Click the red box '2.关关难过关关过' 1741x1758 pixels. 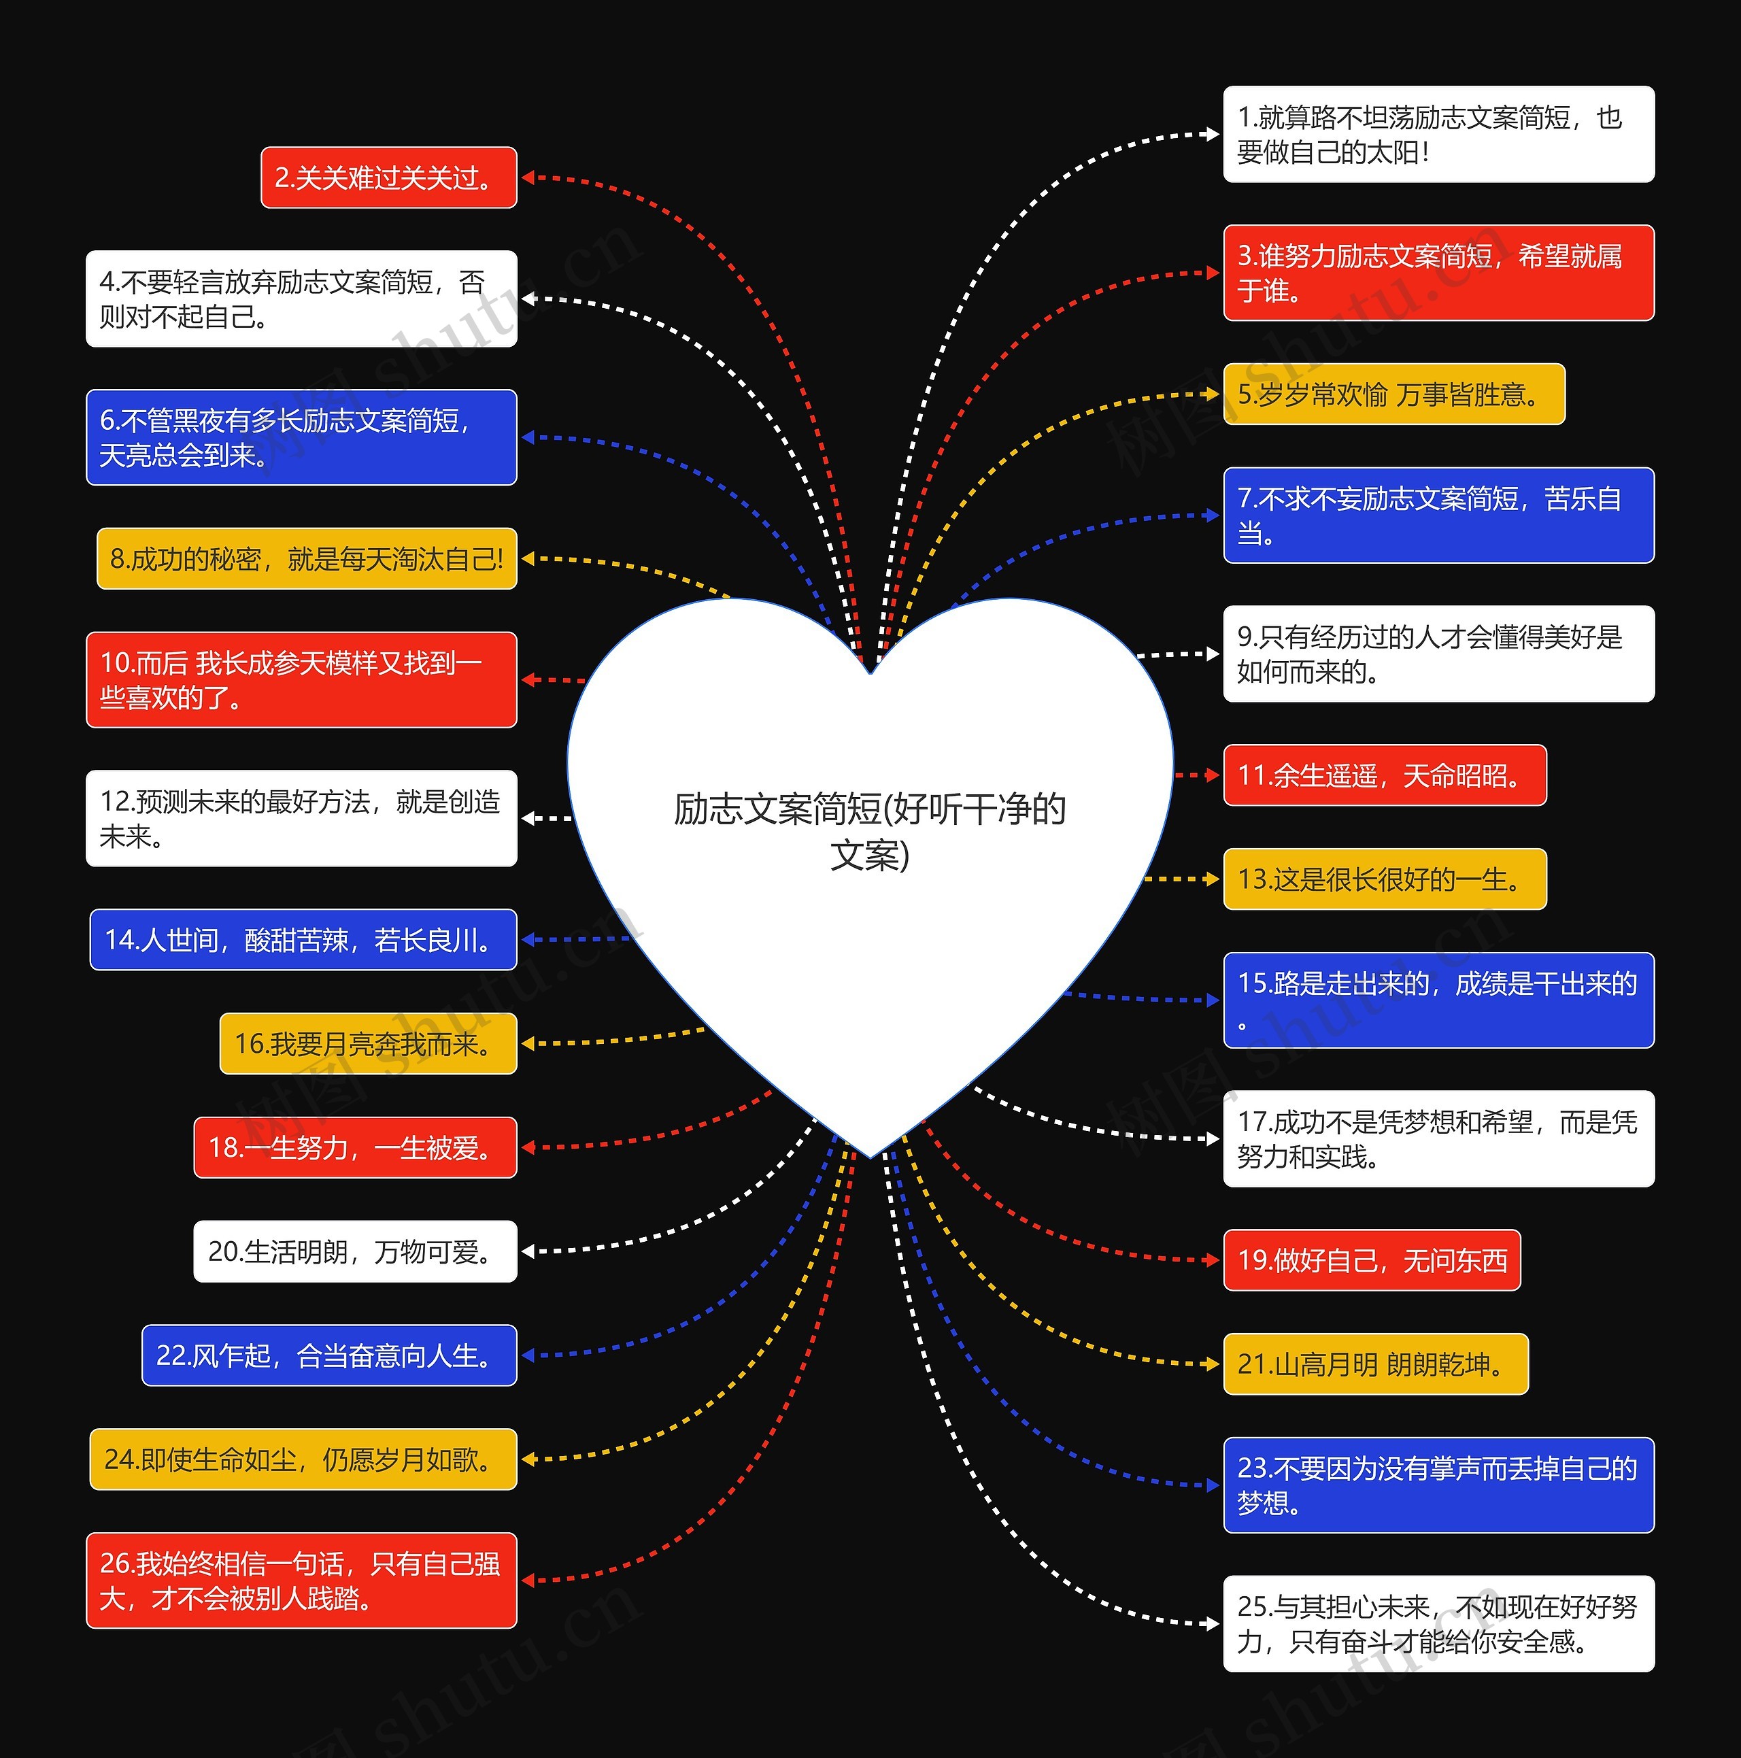coord(388,178)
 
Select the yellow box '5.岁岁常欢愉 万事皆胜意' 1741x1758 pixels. coord(1393,394)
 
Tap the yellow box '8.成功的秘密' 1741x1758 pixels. coord(307,559)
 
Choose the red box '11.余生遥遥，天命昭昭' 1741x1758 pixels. coord(1384,775)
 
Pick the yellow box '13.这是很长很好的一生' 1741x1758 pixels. coord(1384,879)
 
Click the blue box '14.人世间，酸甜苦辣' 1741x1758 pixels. coord(303,939)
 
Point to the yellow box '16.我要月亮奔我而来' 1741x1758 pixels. coord(368,1044)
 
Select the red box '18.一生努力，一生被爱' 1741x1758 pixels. coord(355,1147)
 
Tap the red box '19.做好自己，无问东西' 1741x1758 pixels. coord(1372,1260)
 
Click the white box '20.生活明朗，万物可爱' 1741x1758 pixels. coord(355,1252)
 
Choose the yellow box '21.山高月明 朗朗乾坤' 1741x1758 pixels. coord(1375,1364)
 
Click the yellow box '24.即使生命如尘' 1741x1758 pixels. coord(303,1459)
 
